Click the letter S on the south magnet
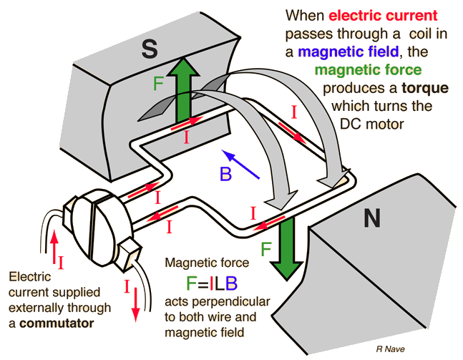tap(149, 49)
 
